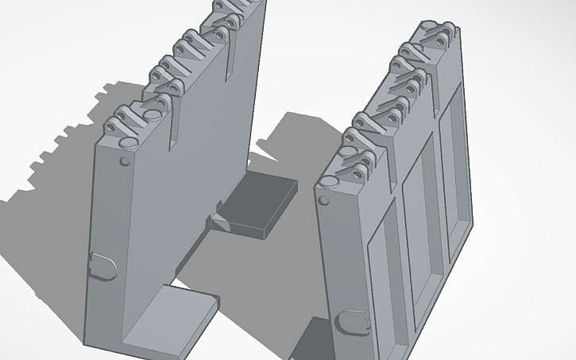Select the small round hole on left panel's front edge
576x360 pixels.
(x=123, y=161)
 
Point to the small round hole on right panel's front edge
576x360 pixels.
(x=323, y=200)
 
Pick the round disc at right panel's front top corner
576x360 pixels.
(x=328, y=184)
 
